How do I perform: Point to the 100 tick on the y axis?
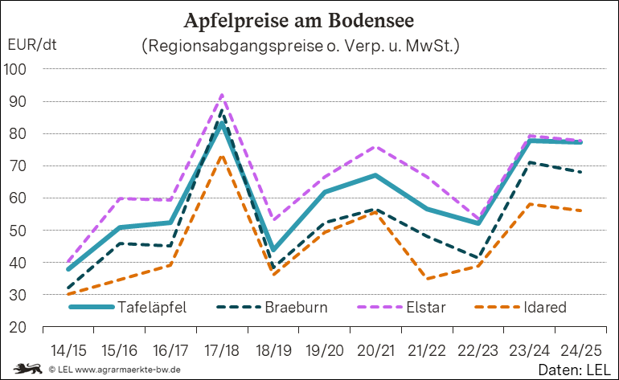coord(16,69)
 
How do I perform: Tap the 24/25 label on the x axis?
coord(580,351)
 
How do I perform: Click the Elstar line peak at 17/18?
coord(223,95)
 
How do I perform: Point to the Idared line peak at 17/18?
coord(223,156)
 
